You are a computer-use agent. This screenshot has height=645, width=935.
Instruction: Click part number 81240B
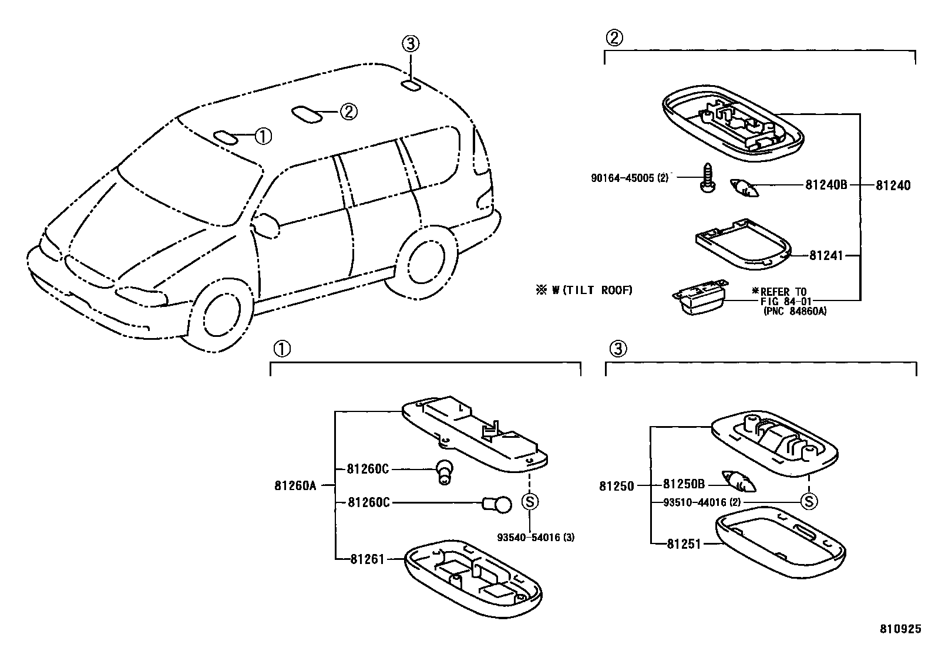[x=826, y=185]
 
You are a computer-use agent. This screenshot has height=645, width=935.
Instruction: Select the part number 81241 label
[x=826, y=255]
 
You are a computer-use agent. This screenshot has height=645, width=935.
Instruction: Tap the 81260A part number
[x=295, y=485]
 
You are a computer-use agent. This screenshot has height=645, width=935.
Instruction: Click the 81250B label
[x=684, y=485]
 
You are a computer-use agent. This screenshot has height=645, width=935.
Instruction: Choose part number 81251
[x=684, y=544]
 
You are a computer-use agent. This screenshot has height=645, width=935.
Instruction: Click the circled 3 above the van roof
[x=411, y=43]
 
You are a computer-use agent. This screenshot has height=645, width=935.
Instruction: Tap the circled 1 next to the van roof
[x=263, y=136]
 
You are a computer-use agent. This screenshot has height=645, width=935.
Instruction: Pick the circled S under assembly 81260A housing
[x=530, y=502]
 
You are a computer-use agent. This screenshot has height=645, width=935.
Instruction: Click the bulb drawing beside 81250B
[x=738, y=481]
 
